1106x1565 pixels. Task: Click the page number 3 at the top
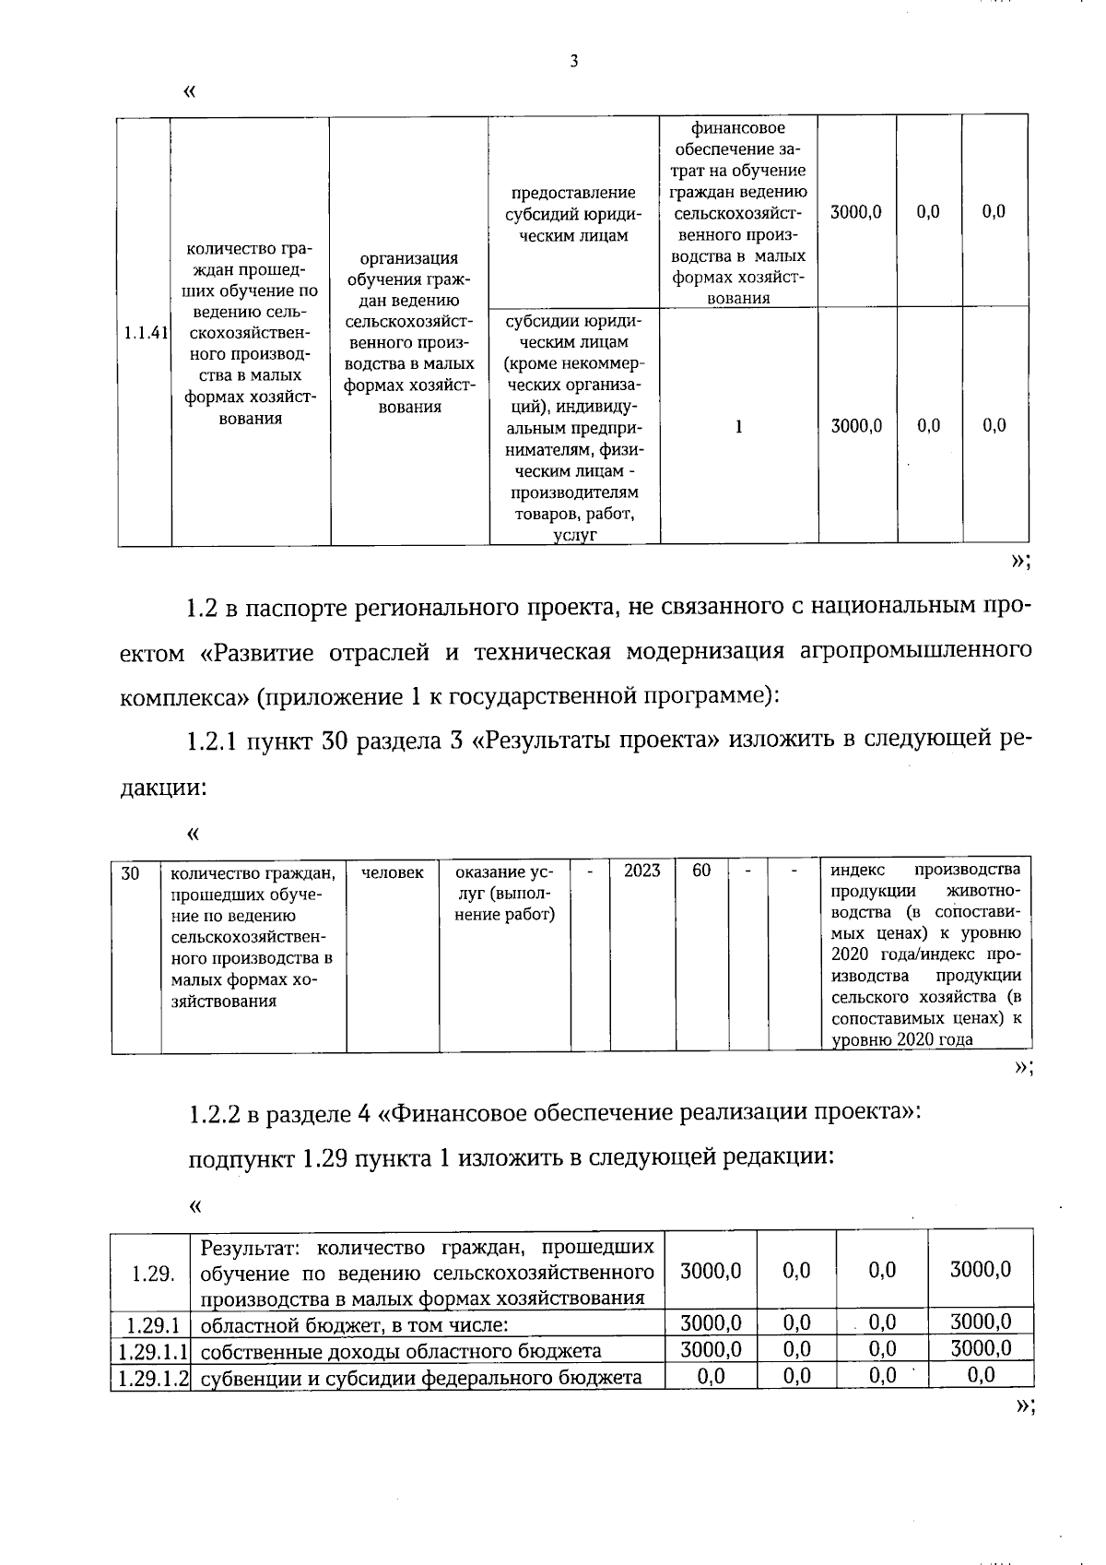[x=573, y=62]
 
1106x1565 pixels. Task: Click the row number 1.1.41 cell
[x=145, y=334]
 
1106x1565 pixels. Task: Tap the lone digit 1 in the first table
[x=738, y=426]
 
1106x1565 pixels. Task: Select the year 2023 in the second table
[x=641, y=871]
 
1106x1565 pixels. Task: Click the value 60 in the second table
[x=701, y=871]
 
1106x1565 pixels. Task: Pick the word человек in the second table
[x=393, y=872]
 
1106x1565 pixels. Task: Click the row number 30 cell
[x=130, y=872]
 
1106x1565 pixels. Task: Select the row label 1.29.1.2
[x=151, y=1378]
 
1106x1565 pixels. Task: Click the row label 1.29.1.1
[x=151, y=1351]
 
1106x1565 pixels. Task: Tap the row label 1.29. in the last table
[x=153, y=1274]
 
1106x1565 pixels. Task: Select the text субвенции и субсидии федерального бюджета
[x=420, y=1378]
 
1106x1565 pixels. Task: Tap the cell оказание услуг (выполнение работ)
[x=505, y=893]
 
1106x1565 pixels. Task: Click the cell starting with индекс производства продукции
[x=925, y=954]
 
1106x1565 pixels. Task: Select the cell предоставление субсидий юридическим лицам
[x=573, y=214]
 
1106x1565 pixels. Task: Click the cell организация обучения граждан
[x=409, y=332]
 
